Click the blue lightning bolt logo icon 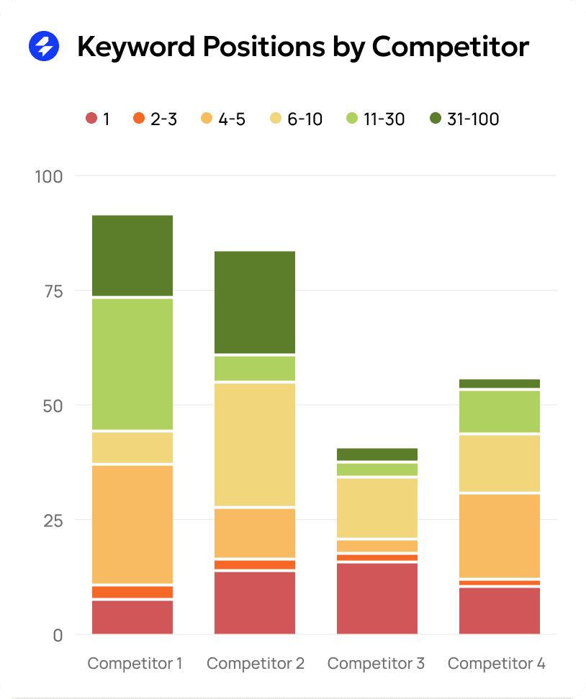tap(44, 47)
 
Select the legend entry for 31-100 tap(464, 119)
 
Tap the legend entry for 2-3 tap(155, 119)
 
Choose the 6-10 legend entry tap(296, 119)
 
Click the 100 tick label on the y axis tap(49, 176)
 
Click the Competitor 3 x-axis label tap(377, 663)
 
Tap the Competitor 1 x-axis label tap(135, 663)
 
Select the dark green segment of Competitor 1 tap(132, 255)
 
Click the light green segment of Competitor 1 tap(132, 364)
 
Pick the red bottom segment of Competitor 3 tap(377, 598)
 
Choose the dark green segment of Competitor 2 tap(255, 302)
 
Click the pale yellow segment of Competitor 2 tap(255, 444)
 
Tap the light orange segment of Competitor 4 tap(500, 536)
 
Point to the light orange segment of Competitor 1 tap(132, 524)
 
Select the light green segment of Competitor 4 tap(500, 411)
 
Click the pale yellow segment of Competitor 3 tap(377, 508)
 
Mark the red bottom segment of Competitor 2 tap(255, 603)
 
